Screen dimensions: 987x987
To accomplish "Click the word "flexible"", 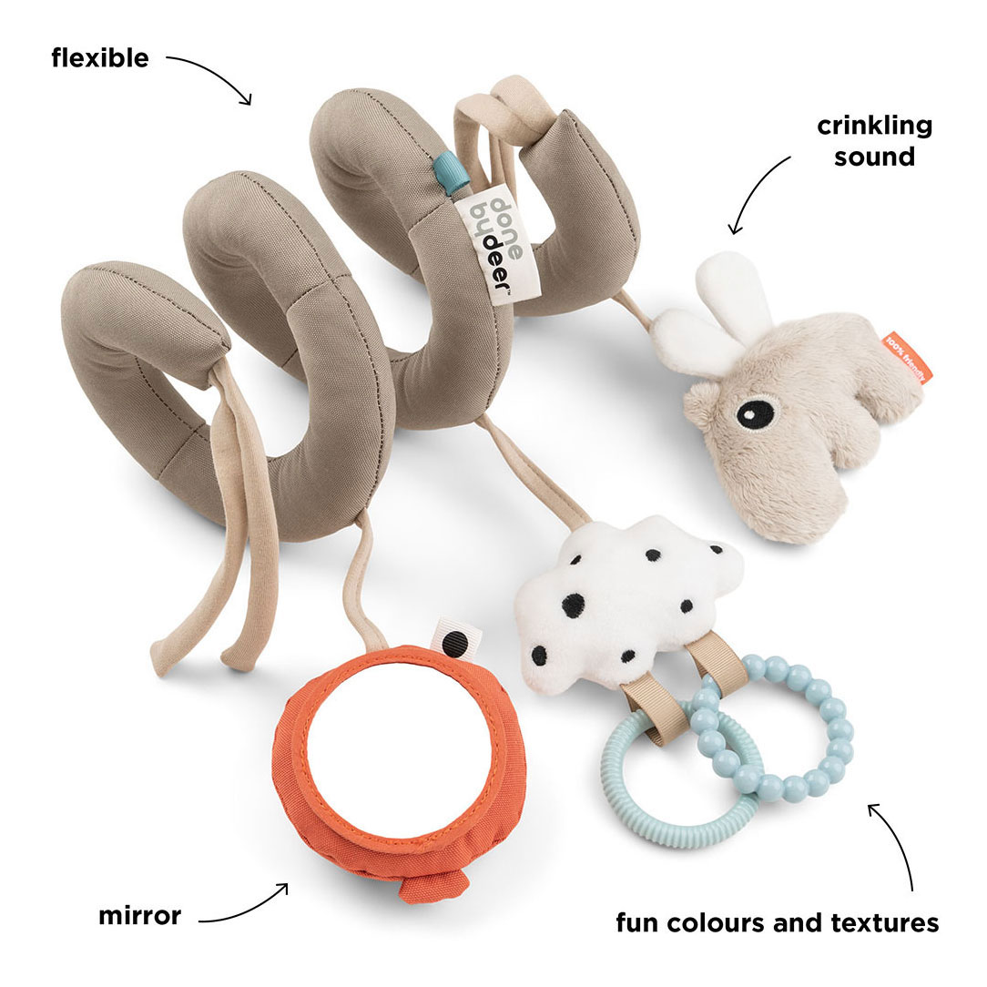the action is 100,58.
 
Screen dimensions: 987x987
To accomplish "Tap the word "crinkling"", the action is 874,126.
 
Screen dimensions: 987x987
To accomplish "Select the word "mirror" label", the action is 139,915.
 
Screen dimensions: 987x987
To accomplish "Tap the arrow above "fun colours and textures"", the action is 898,842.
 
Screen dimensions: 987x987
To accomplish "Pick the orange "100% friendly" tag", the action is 907,357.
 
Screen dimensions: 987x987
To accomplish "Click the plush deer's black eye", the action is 755,412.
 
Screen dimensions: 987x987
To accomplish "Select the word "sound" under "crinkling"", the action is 874,156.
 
